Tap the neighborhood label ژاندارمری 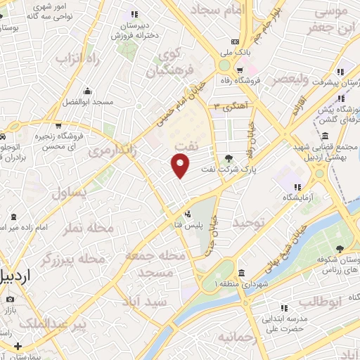112,150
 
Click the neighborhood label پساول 70,192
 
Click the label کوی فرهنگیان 168,63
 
